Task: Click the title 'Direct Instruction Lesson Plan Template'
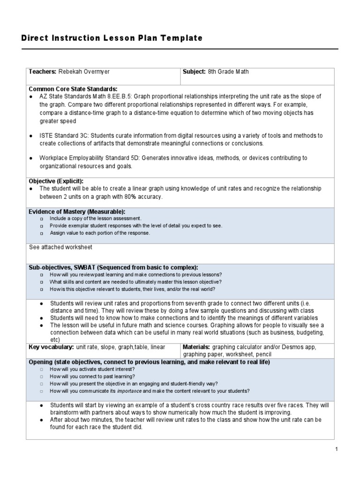point(112,38)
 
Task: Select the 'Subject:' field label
point(195,72)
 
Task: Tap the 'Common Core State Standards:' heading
point(73,89)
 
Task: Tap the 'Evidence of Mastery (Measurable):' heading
point(77,212)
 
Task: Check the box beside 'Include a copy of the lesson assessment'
point(42,219)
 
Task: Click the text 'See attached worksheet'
point(60,247)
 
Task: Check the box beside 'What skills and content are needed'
point(42,282)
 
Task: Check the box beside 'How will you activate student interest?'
point(42,369)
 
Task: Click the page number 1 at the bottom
point(336,449)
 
